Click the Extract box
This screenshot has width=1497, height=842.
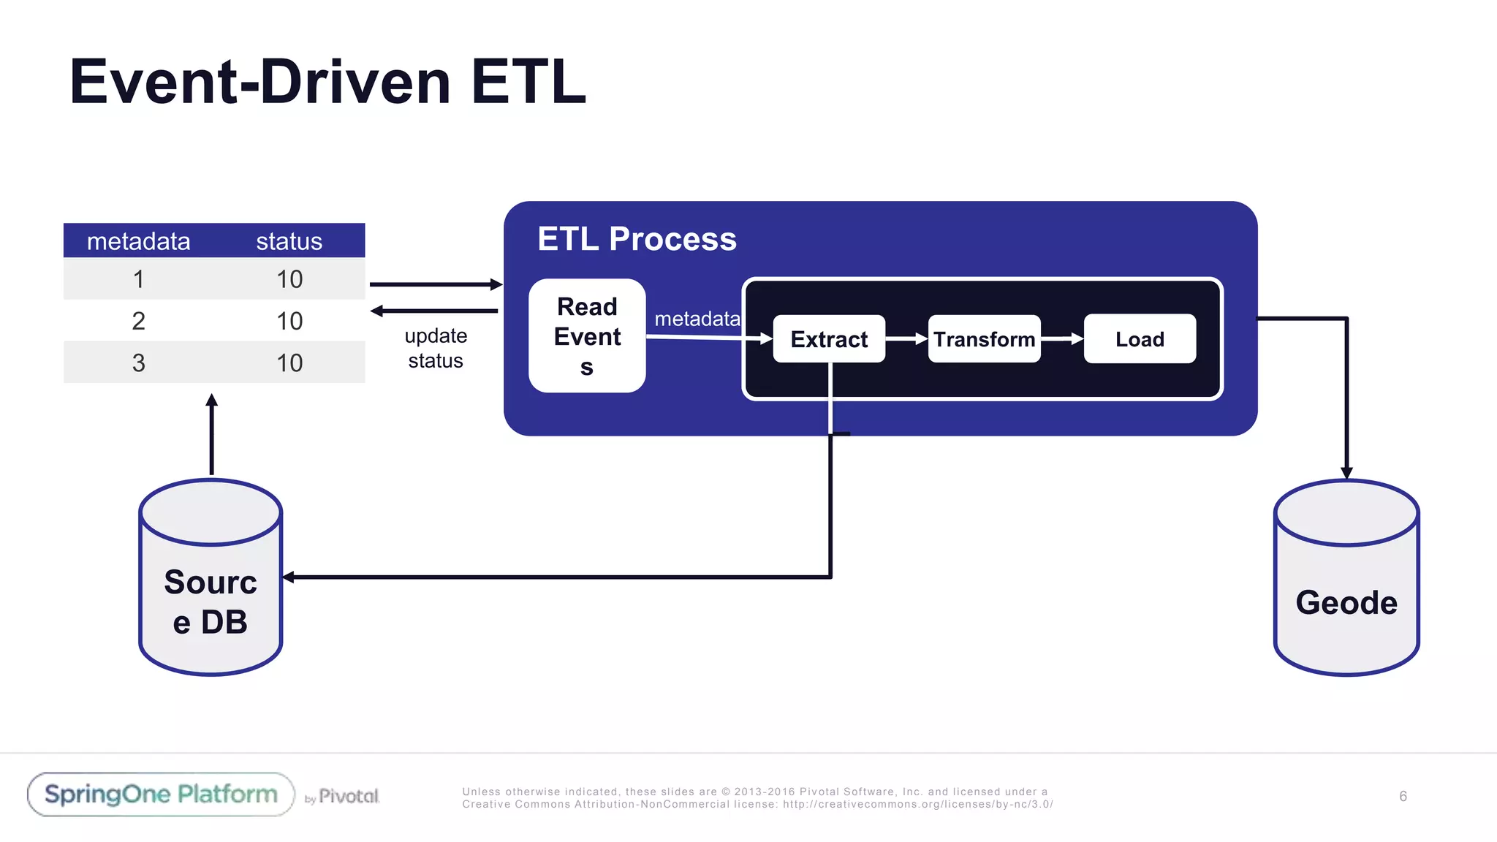pyautogui.click(x=828, y=339)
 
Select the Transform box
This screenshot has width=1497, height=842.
pyautogui.click(x=984, y=339)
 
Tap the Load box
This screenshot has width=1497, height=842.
pyautogui.click(x=1140, y=339)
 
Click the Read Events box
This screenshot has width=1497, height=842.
pyautogui.click(x=587, y=336)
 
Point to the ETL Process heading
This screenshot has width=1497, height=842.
pyautogui.click(x=637, y=239)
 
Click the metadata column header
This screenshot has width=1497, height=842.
pyautogui.click(x=138, y=241)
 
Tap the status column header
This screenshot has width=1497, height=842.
pyautogui.click(x=289, y=241)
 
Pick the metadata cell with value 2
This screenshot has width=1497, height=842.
pyautogui.click(x=138, y=321)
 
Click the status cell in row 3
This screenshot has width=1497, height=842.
pyautogui.click(x=289, y=363)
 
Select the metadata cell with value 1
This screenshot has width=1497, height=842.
pyautogui.click(x=138, y=279)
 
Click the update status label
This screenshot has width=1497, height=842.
pyautogui.click(x=436, y=348)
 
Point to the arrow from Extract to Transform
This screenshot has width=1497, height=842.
pyautogui.click(x=906, y=339)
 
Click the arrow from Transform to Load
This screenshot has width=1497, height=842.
pyautogui.click(x=1062, y=339)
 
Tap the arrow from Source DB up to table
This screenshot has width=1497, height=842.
pyautogui.click(x=212, y=435)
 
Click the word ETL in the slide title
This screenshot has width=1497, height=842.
pyautogui.click(x=528, y=82)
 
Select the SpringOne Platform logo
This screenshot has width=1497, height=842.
pyautogui.click(x=161, y=794)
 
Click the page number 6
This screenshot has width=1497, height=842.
pyautogui.click(x=1403, y=796)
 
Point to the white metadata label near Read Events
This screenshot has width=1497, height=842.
pyautogui.click(x=697, y=319)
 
